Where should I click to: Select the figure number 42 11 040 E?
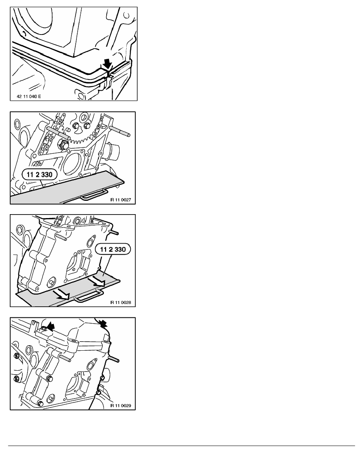point(29,96)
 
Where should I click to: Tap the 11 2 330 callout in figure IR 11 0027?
point(40,175)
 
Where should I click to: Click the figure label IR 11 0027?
point(121,200)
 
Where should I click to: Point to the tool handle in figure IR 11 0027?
point(92,194)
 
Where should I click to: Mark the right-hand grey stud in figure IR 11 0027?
point(119,131)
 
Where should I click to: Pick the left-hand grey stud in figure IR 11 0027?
point(58,133)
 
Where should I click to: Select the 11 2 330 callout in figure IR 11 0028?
point(113,249)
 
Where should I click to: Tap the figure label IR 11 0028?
point(121,302)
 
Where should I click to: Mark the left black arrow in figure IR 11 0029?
point(51,327)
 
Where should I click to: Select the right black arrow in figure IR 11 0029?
point(104,323)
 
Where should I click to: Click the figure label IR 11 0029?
point(121,406)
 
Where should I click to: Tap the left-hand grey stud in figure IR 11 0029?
point(65,358)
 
